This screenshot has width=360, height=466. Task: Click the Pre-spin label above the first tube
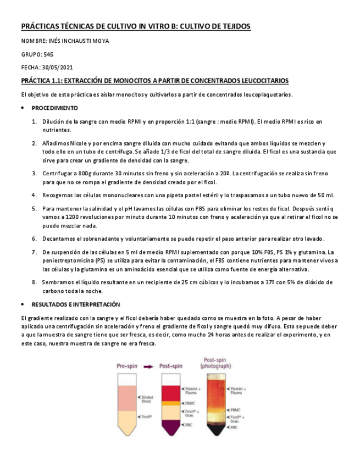click(x=128, y=365)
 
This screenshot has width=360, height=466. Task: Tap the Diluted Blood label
click(x=147, y=400)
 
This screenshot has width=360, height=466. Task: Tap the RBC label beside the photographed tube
click(x=234, y=427)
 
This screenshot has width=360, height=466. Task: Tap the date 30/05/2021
click(x=58, y=67)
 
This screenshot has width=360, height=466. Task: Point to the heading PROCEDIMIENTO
click(x=54, y=108)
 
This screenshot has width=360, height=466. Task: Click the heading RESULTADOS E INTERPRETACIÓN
click(x=76, y=304)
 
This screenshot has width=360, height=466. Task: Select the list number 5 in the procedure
click(x=34, y=209)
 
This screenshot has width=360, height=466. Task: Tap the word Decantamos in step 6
click(x=58, y=238)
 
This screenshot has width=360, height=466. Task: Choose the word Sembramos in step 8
click(x=58, y=282)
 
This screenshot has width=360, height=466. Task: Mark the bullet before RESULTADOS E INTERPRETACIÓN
click(x=23, y=304)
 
